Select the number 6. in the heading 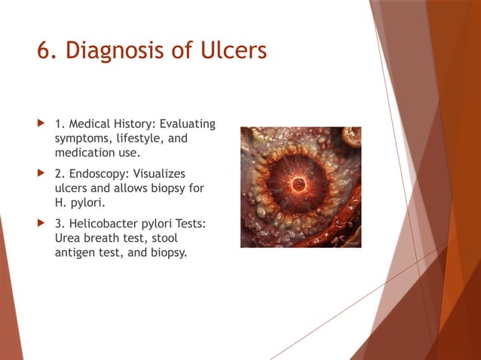point(47,50)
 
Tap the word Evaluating point(185,124)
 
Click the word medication point(84,153)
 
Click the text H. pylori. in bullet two point(78,203)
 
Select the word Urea point(69,239)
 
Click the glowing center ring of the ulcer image point(299,184)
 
